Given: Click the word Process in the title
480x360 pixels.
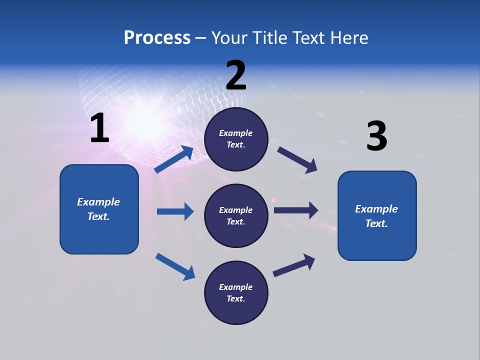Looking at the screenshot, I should [157, 38].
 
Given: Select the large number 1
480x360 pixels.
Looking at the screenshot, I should [99, 128].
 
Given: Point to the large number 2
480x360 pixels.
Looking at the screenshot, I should [236, 75].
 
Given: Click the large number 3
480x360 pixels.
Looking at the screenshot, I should [376, 136].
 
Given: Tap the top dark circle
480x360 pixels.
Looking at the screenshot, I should [236, 139].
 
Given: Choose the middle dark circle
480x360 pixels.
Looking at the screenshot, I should [236, 216].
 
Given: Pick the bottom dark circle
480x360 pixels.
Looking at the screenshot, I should [236, 293].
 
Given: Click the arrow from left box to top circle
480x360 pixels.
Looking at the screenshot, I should [174, 159].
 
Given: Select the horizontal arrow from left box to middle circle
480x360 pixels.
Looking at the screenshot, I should [175, 211].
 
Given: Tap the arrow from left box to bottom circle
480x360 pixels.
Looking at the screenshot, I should [175, 266].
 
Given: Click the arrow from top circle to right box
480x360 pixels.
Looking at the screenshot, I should [297, 160].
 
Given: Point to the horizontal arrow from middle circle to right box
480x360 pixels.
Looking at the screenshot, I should [296, 210].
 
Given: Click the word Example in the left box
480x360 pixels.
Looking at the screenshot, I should [98, 202].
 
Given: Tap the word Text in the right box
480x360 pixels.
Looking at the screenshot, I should [376, 223].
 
